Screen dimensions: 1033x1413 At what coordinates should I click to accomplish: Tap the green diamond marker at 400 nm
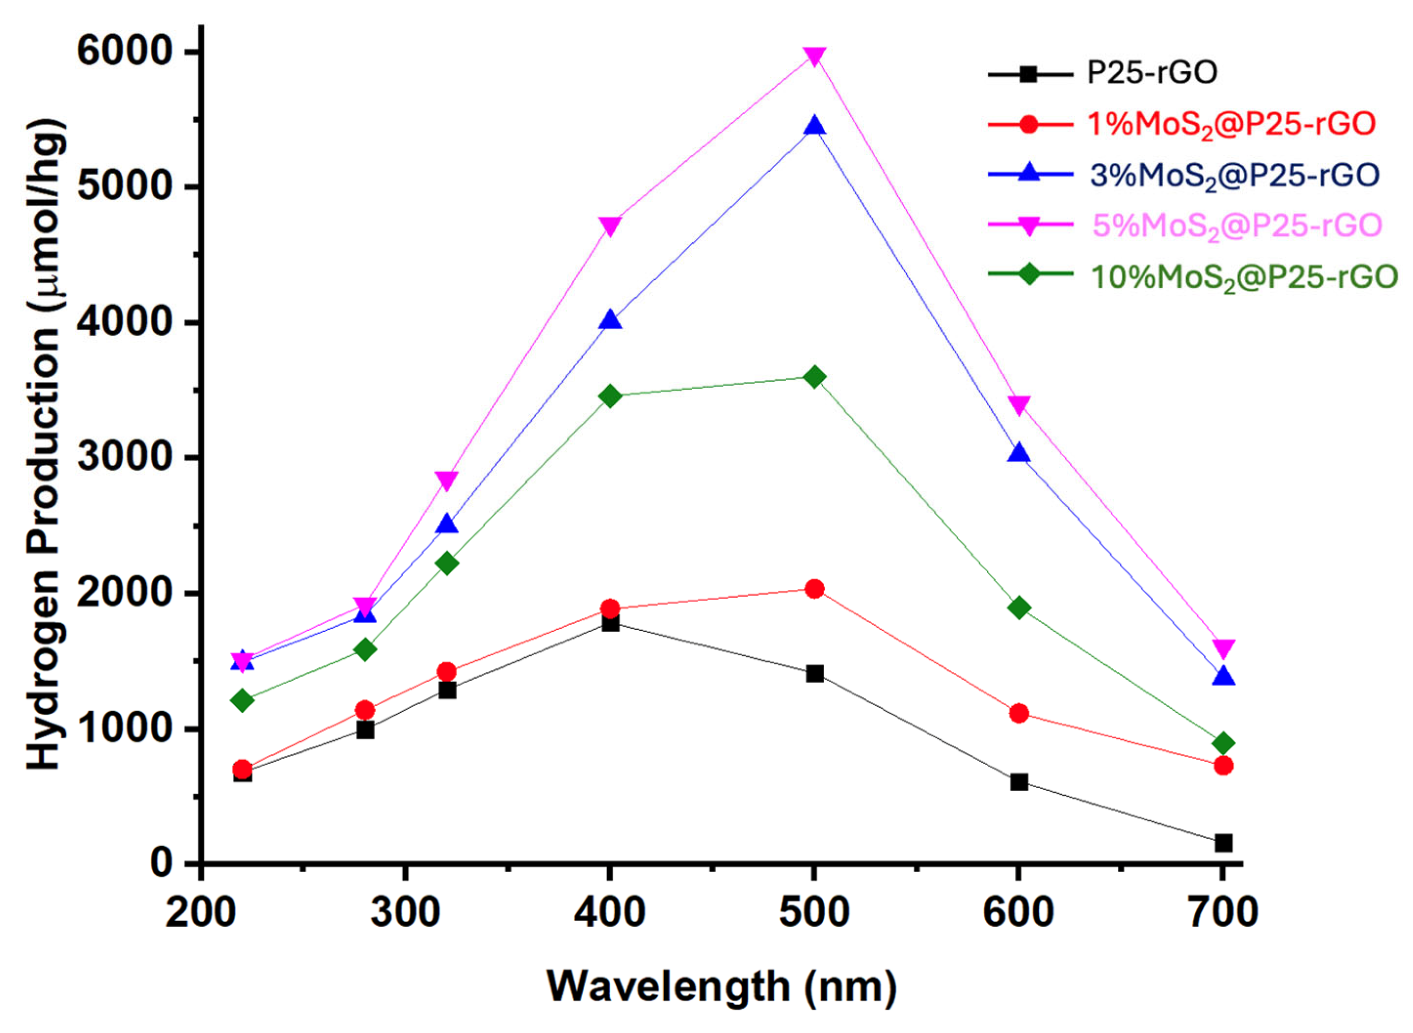(610, 396)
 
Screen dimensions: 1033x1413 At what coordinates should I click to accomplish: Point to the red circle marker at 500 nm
(814, 588)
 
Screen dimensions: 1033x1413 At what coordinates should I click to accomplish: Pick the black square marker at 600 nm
(1019, 782)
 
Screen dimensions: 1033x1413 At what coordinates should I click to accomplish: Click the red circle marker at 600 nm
(1019, 713)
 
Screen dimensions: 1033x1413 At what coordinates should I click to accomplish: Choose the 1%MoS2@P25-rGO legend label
(1232, 125)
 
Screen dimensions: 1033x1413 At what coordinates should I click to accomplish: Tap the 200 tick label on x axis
(200, 914)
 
